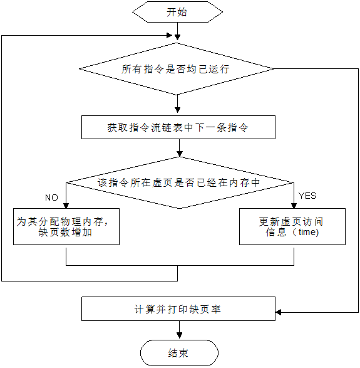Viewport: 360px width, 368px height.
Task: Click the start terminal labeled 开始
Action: [177, 12]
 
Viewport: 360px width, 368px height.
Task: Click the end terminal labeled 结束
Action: [178, 354]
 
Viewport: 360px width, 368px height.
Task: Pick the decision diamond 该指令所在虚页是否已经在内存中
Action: [179, 183]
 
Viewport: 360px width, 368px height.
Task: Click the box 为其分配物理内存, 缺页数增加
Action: [66, 226]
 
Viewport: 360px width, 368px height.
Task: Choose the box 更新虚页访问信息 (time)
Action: [292, 226]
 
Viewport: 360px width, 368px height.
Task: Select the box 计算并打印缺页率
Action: [178, 309]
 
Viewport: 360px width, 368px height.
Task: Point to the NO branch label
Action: [51, 197]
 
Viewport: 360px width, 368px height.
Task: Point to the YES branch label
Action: [307, 196]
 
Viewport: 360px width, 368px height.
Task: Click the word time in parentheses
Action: [308, 232]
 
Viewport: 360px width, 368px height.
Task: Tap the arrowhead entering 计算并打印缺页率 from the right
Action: [279, 312]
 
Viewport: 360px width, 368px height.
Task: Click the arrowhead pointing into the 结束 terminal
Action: [178, 337]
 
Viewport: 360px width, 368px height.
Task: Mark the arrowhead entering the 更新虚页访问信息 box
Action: [294, 205]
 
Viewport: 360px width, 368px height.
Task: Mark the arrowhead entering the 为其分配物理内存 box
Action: [66, 205]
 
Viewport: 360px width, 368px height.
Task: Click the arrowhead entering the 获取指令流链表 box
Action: [178, 111]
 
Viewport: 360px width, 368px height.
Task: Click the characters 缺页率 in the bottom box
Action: [209, 309]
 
